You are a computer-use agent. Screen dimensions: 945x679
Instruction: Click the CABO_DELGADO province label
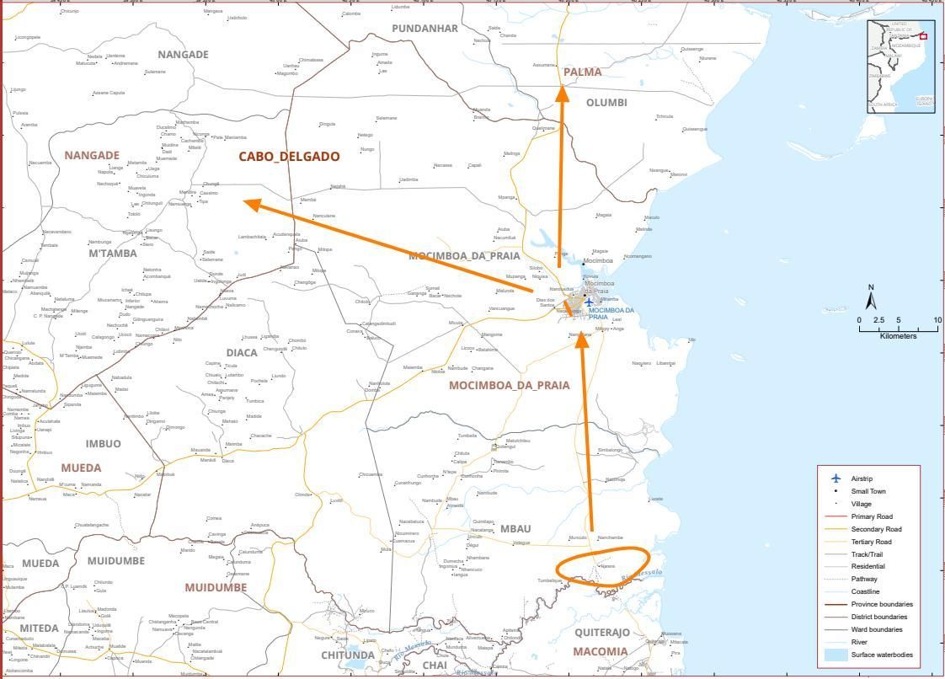pos(289,157)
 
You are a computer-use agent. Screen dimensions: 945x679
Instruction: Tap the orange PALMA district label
pos(583,72)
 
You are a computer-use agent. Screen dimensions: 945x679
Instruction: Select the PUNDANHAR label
pos(425,29)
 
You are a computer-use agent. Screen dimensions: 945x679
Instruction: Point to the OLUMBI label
pos(606,103)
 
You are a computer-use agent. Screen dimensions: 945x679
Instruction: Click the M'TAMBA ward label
pos(112,254)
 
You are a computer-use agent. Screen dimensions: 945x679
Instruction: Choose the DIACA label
pos(242,353)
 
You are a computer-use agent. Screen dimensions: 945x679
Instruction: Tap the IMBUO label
pos(104,444)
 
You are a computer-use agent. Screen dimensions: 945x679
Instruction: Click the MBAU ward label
pos(515,529)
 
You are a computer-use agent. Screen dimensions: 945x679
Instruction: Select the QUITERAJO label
pos(602,633)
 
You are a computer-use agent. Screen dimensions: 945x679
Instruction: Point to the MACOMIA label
pos(601,652)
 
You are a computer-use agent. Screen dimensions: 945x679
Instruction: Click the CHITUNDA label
pos(347,655)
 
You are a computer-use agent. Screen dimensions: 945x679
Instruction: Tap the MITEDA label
pos(40,628)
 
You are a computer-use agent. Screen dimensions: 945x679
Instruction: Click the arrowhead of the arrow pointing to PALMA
pos(562,92)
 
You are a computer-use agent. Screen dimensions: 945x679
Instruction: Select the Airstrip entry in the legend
pos(862,479)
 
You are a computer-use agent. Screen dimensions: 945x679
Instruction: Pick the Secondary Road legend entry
pos(876,529)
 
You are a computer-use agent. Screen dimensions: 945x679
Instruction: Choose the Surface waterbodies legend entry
pos(881,655)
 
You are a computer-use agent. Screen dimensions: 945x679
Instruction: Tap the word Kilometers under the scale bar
pos(898,336)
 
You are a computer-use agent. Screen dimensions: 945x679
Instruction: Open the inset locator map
pos(901,65)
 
